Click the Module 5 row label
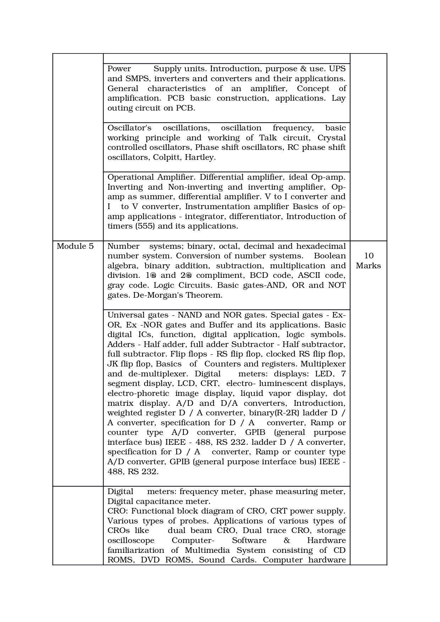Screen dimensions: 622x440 point(75,246)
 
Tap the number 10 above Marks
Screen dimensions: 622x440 point(369,256)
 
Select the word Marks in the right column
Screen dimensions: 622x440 point(368,266)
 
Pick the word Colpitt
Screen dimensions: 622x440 point(167,157)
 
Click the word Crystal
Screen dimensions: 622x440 point(331,138)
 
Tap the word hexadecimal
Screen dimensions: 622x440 point(321,246)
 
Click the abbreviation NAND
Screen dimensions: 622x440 point(190,315)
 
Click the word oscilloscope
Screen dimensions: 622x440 point(131,540)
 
